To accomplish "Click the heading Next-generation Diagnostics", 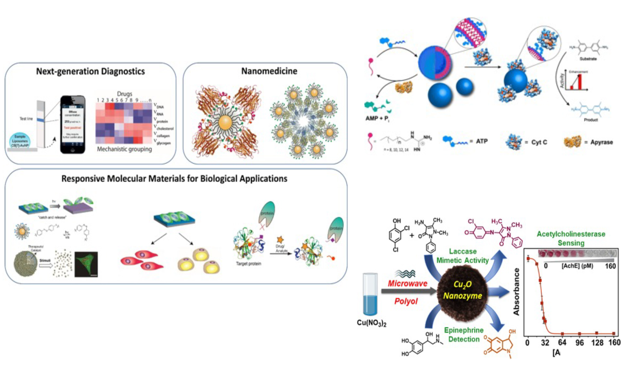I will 91,71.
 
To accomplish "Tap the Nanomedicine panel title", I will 269,71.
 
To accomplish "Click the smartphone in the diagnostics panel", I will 72,124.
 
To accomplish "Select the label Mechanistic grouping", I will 124,149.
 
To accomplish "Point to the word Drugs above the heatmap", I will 124,94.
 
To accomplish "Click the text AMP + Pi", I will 377,119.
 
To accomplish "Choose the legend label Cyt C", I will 539,142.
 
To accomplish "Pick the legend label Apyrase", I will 602,142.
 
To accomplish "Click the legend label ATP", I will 482,141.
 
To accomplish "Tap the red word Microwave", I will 407,284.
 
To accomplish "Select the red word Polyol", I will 406,301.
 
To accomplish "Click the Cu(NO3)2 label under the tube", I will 371,323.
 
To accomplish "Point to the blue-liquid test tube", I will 370,294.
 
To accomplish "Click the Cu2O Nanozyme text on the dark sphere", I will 462,290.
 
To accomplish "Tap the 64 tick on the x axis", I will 562,343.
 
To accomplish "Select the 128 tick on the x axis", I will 597,343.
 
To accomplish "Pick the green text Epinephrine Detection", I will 464,335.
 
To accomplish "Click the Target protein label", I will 249,264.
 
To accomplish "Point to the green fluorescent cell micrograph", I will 86,264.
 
